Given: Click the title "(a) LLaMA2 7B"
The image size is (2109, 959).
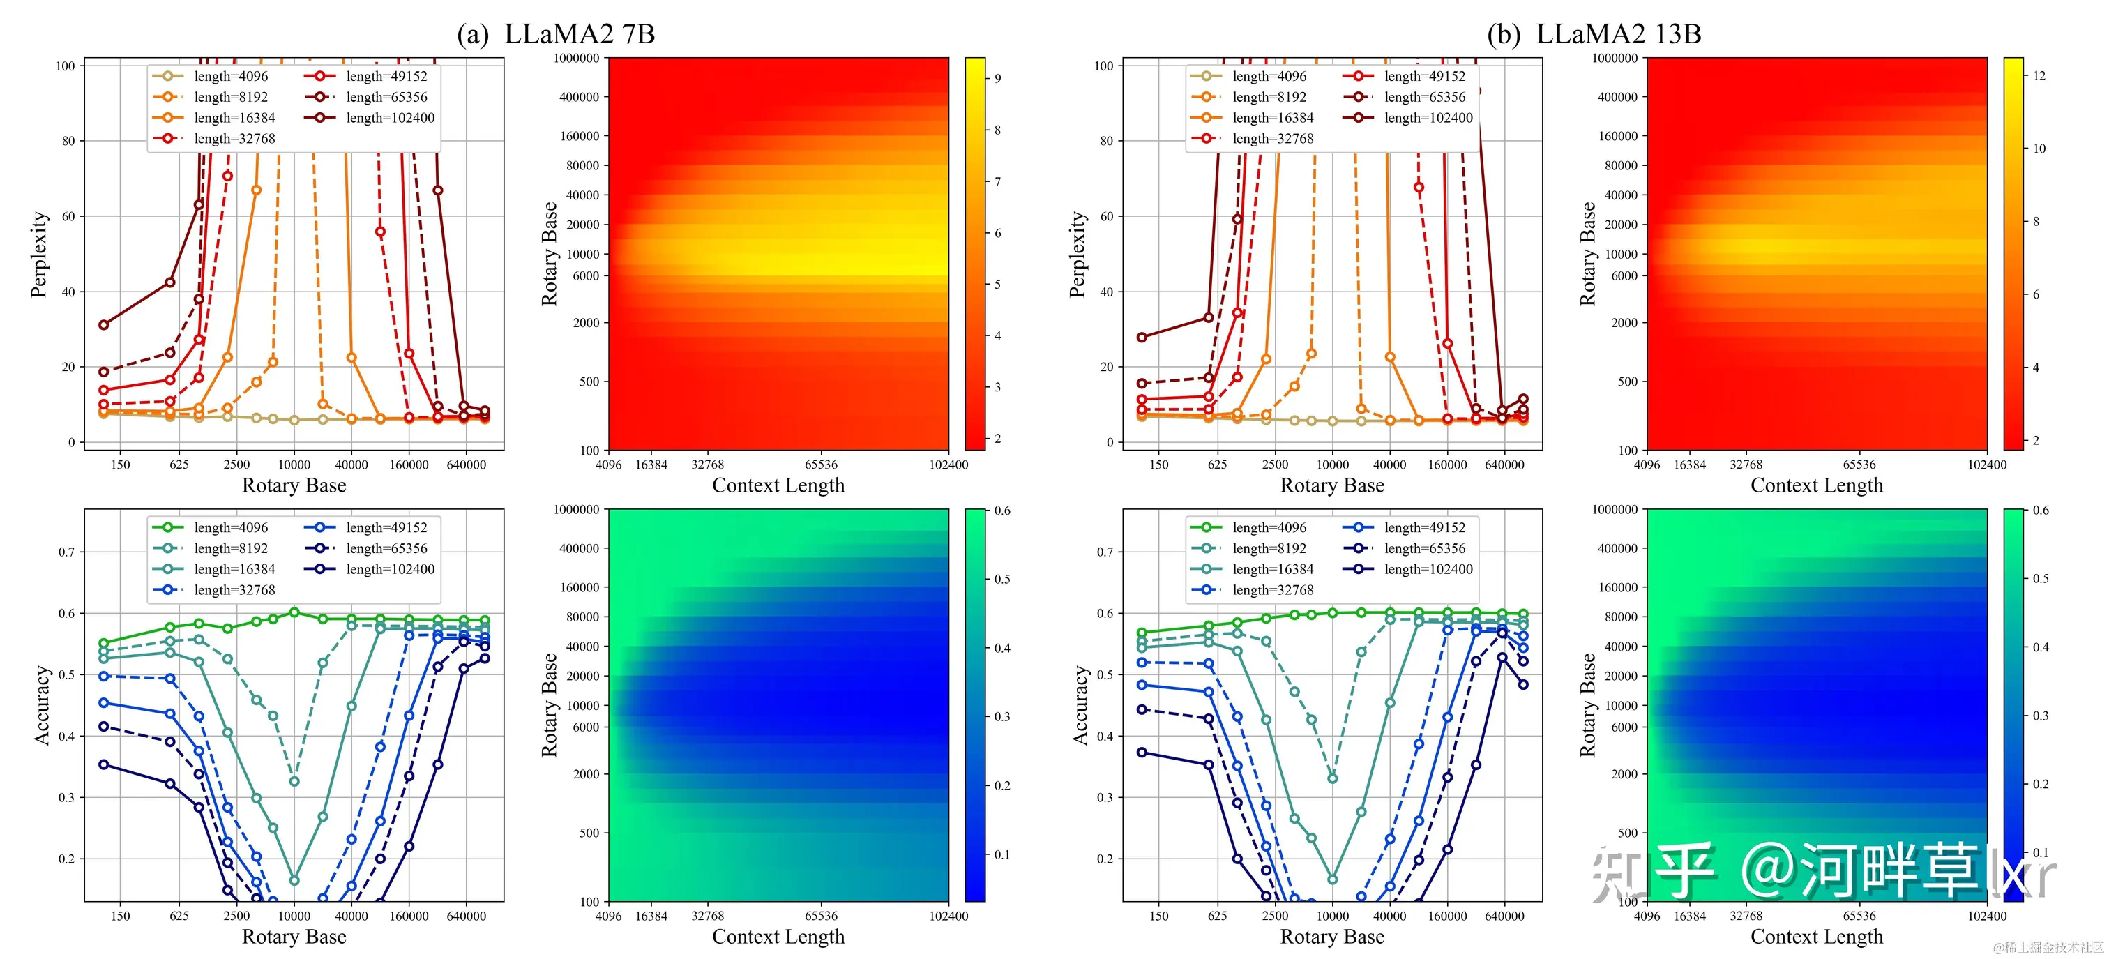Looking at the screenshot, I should click(x=556, y=33).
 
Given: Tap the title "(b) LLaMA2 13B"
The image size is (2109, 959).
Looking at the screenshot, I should click(x=1593, y=33).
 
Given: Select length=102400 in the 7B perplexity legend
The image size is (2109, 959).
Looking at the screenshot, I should click(x=390, y=118).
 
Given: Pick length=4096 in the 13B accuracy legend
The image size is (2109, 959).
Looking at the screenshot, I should click(x=1269, y=527).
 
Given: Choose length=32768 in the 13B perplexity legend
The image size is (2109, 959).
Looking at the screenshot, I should click(x=1272, y=138).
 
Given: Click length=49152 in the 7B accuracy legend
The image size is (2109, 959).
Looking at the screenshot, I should click(x=386, y=527).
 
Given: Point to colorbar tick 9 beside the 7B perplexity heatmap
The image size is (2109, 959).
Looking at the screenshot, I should click(x=998, y=79).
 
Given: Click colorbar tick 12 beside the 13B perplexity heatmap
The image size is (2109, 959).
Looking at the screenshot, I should click(x=2039, y=75).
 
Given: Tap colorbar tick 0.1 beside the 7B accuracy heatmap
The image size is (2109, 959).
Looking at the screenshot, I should click(x=1002, y=854).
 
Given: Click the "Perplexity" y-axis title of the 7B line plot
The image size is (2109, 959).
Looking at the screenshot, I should click(x=38, y=254).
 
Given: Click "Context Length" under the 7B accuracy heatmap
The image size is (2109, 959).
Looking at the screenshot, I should click(x=778, y=936).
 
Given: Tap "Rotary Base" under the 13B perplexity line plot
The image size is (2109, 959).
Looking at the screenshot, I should click(x=1332, y=485).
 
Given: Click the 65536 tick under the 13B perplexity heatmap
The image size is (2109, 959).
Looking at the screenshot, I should click(x=1859, y=465).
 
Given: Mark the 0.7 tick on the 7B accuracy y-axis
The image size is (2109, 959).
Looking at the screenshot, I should click(x=66, y=552).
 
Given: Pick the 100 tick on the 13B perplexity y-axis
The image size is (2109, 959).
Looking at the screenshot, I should click(x=1103, y=66).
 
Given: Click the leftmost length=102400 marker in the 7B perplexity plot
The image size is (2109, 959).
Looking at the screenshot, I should click(x=104, y=325).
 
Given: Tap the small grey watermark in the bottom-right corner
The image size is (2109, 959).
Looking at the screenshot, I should click(x=2048, y=948).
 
